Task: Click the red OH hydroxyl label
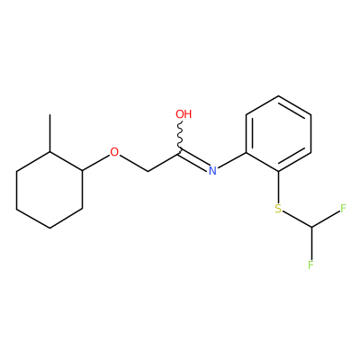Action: tap(184, 114)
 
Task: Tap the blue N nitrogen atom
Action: tap(212, 170)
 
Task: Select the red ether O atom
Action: tap(114, 152)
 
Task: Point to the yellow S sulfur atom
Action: tap(278, 209)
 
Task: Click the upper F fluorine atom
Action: tap(343, 208)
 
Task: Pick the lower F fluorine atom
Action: tap(310, 265)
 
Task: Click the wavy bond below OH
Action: tap(180, 138)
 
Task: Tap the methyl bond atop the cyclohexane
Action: tap(49, 133)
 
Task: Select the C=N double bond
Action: tap(194, 160)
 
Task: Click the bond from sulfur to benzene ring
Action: tap(278, 187)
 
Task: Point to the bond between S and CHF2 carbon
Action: tap(297, 220)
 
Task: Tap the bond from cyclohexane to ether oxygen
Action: tap(95, 163)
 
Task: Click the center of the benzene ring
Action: tap(278, 134)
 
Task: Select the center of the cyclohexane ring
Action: tap(49, 190)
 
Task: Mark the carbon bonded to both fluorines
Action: tap(311, 228)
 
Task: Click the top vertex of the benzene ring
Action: tap(278, 96)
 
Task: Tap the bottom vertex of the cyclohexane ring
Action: tap(49, 229)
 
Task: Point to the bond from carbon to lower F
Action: tap(311, 244)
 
